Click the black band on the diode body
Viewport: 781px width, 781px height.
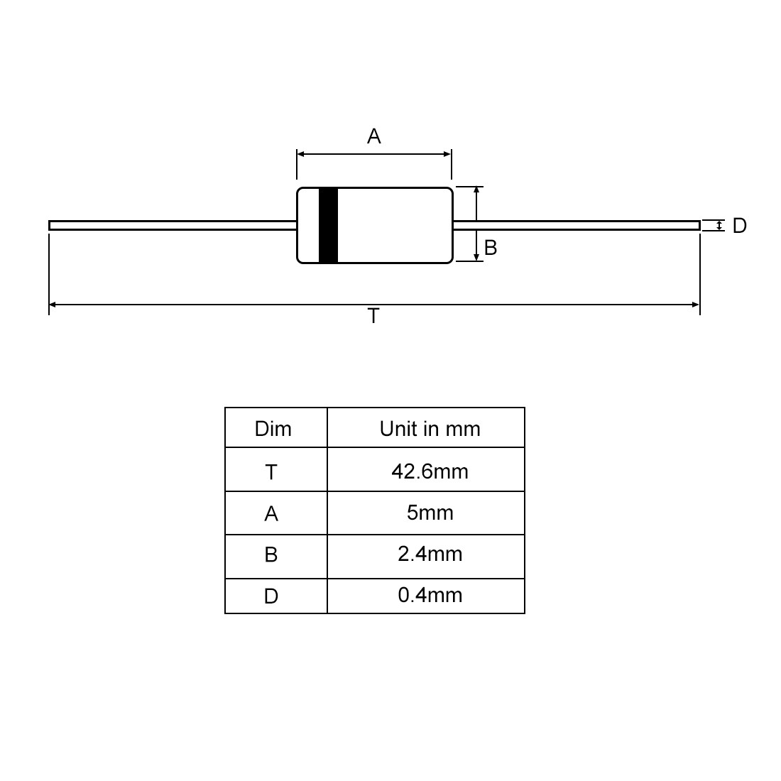coord(328,225)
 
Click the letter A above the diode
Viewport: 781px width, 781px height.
coord(373,136)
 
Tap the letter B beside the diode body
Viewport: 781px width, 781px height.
coord(491,248)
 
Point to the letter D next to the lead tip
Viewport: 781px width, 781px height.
coord(740,226)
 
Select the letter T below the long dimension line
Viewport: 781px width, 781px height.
coord(373,316)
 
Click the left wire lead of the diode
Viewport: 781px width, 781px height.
coord(173,226)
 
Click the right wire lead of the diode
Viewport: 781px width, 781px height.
coord(577,226)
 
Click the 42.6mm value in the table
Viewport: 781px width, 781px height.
coord(430,471)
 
